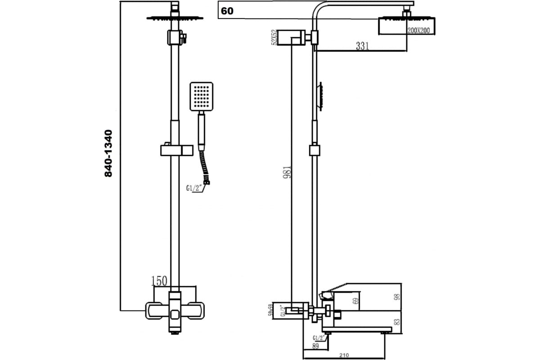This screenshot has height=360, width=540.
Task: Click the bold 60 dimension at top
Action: coord(227,11)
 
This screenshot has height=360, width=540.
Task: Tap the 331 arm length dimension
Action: coord(363,46)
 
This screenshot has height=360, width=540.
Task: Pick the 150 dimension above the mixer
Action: coord(159,281)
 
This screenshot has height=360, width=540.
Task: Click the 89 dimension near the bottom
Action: coord(315,346)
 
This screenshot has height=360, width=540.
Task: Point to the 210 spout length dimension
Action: coord(344,355)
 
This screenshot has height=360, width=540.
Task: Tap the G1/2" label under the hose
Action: coord(194,188)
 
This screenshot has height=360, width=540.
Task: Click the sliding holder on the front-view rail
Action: coord(176,150)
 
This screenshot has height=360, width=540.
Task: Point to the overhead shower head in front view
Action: coord(175,18)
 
